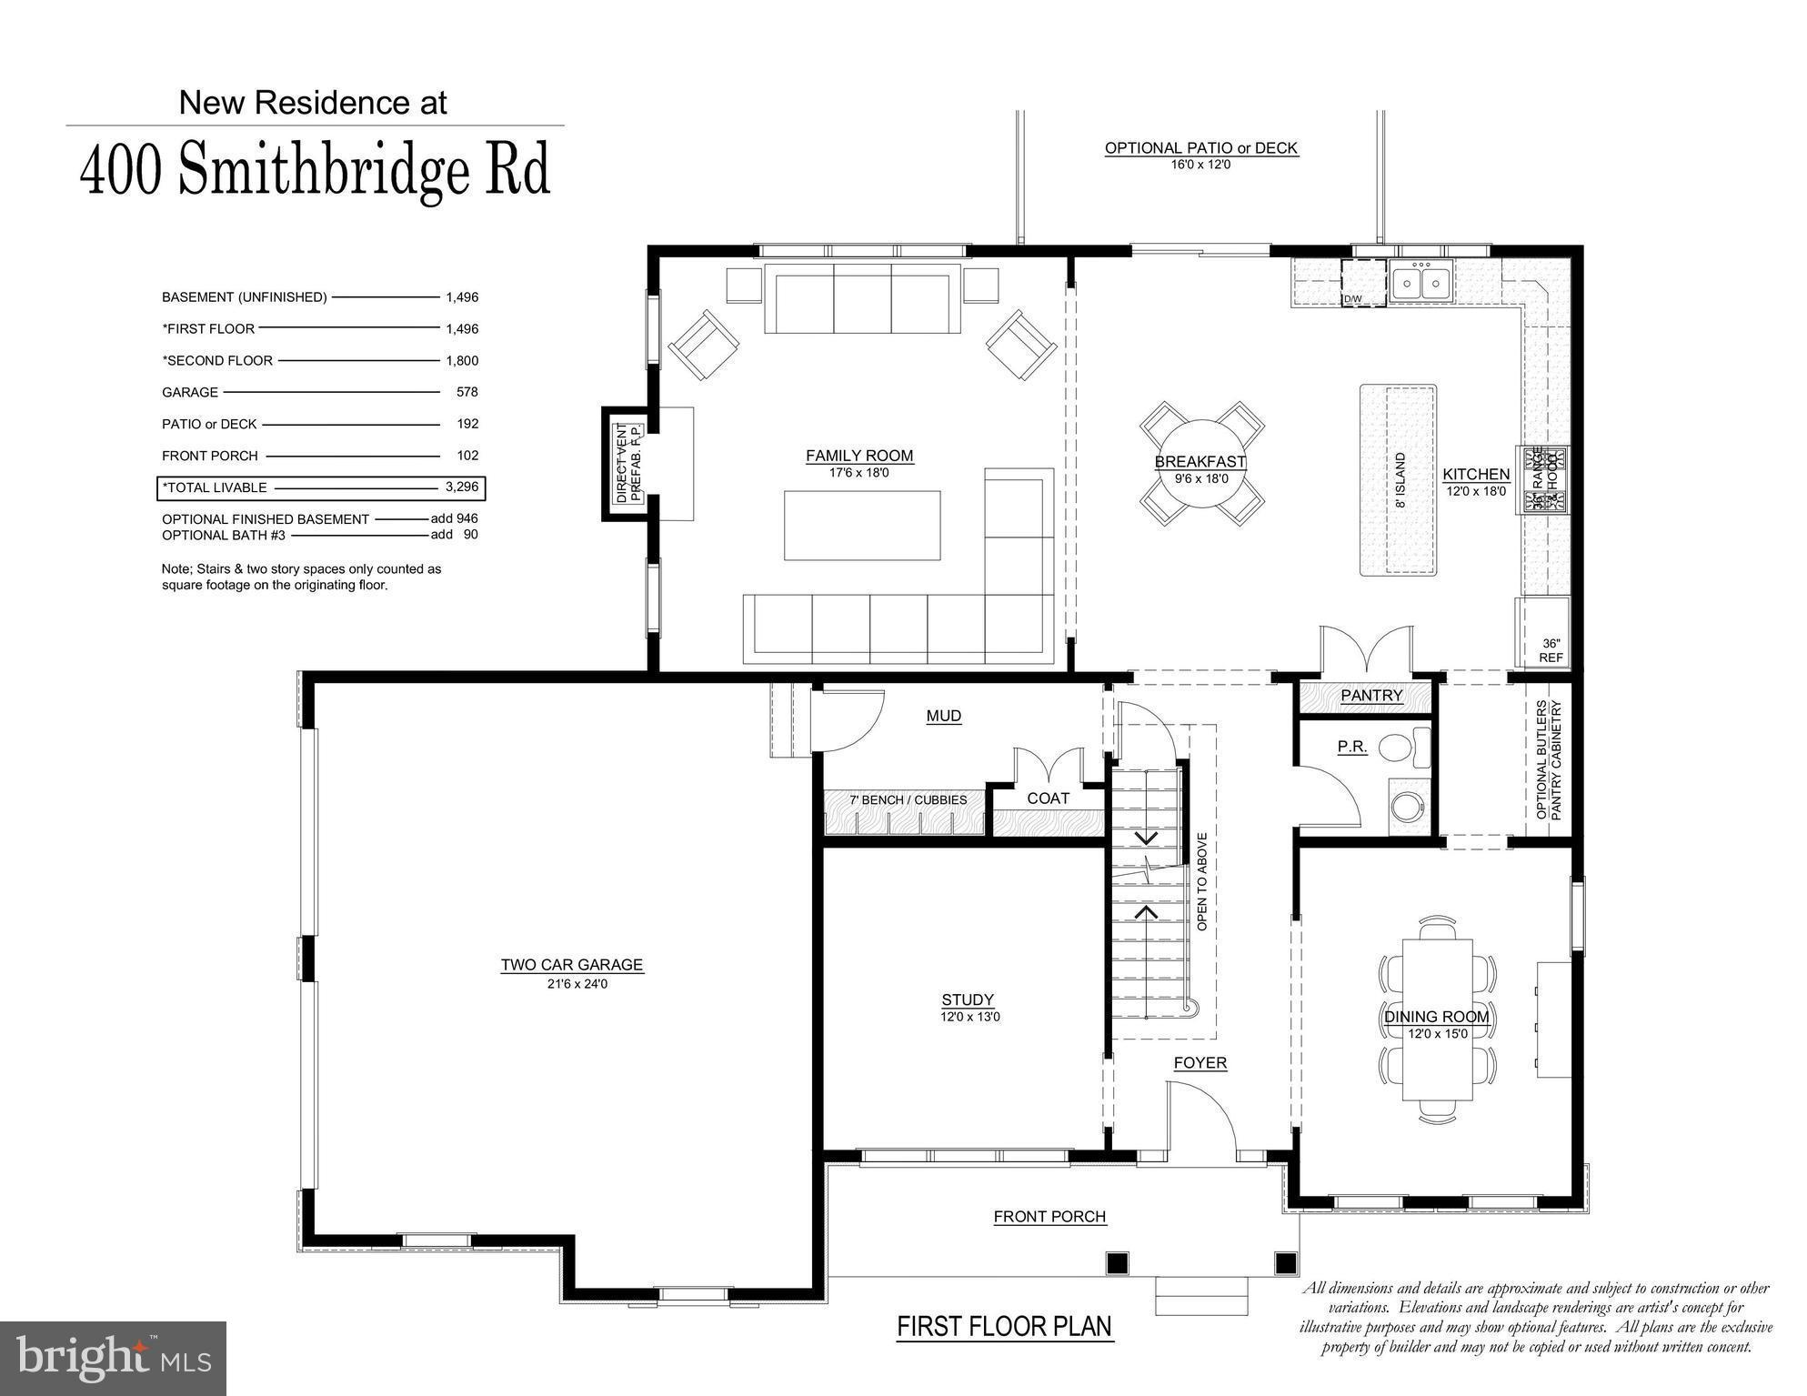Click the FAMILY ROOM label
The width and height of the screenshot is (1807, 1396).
(858, 456)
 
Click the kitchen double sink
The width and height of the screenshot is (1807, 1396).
(1421, 281)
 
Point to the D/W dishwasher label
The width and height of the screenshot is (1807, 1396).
(1352, 299)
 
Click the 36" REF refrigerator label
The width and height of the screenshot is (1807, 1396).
(1551, 650)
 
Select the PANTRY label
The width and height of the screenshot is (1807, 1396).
(1371, 696)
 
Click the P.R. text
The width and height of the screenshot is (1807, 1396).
(1352, 747)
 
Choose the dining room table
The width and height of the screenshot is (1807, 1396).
(1437, 1019)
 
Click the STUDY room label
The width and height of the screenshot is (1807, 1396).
(968, 999)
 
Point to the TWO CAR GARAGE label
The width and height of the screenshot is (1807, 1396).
(571, 965)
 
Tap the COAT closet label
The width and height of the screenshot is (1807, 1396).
(1048, 798)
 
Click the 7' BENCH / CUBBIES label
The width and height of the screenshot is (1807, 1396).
(908, 800)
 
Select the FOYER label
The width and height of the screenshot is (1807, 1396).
(1200, 1063)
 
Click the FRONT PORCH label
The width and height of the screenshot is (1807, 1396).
(1049, 1217)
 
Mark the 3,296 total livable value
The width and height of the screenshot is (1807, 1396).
(462, 487)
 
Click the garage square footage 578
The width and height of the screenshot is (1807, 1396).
(467, 392)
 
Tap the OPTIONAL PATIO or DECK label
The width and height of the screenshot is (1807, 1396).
(1200, 148)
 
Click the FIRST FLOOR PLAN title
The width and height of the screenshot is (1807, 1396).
(1004, 1327)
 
